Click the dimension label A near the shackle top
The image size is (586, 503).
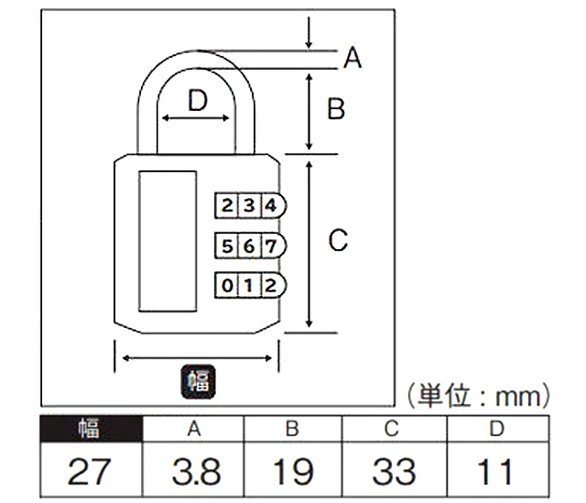pyautogui.click(x=353, y=59)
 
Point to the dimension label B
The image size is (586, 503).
pyautogui.click(x=336, y=109)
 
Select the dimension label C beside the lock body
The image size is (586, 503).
pyautogui.click(x=338, y=241)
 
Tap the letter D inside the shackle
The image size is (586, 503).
pyautogui.click(x=198, y=100)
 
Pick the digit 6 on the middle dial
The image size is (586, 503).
pyautogui.click(x=248, y=246)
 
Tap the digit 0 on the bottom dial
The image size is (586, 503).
pyautogui.click(x=227, y=285)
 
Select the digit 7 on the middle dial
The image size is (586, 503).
pyautogui.click(x=269, y=246)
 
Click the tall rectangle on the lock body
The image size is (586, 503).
pyautogui.click(x=167, y=244)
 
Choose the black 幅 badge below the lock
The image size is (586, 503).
pyautogui.click(x=196, y=380)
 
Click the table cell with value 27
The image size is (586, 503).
pyautogui.click(x=90, y=472)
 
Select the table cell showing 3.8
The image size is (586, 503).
pyautogui.click(x=195, y=472)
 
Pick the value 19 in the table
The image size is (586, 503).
pyautogui.click(x=292, y=472)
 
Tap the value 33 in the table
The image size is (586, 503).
pyautogui.click(x=393, y=472)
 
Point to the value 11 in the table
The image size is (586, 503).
pyautogui.click(x=495, y=472)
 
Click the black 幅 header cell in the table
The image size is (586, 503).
pyautogui.click(x=90, y=428)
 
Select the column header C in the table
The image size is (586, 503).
pyautogui.click(x=393, y=428)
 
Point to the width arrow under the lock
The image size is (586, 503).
pyautogui.click(x=196, y=356)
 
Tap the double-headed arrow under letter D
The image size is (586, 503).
pyautogui.click(x=196, y=120)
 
